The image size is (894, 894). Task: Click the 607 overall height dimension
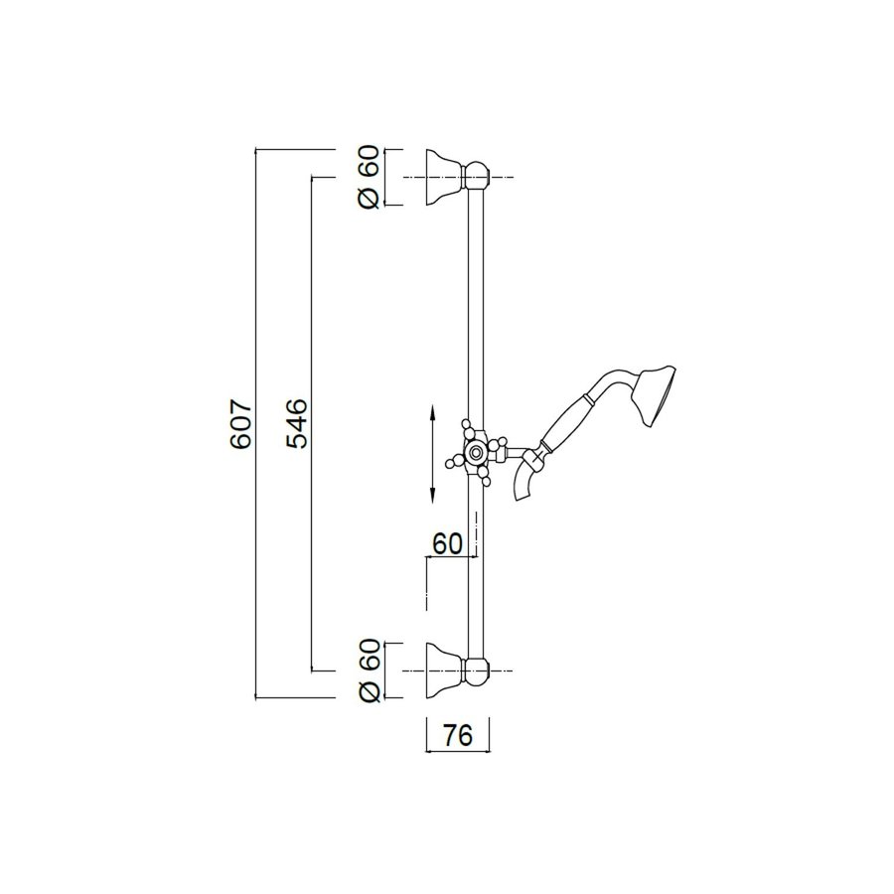(240, 425)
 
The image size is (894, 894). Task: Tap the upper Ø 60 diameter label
(369, 178)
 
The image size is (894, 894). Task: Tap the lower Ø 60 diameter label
(369, 672)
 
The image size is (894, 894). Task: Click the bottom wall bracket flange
(444, 672)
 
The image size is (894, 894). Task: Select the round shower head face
(660, 397)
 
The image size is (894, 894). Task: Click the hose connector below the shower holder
(528, 485)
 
